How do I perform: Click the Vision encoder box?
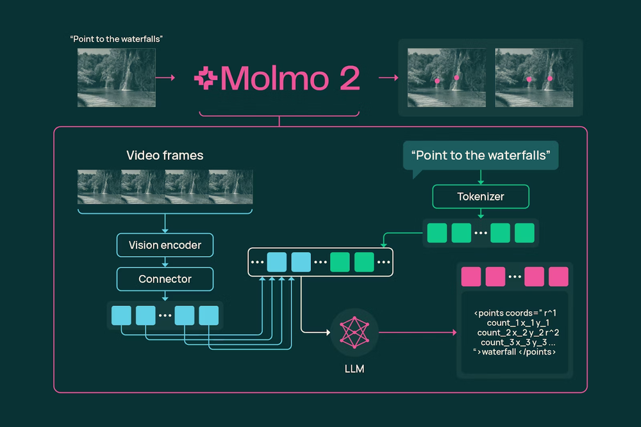click(165, 245)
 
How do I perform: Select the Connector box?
click(165, 279)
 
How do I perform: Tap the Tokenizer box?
click(481, 197)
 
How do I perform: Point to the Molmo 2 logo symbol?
click(206, 79)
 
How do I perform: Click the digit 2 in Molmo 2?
click(346, 79)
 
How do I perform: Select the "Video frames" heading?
click(165, 156)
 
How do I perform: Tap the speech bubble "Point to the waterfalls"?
click(481, 156)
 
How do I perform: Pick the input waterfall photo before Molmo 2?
click(116, 78)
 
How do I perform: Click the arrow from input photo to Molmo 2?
click(165, 78)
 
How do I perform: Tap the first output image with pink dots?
click(446, 78)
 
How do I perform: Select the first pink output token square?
click(471, 277)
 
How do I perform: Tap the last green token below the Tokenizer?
click(524, 233)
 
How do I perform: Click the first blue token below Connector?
click(121, 316)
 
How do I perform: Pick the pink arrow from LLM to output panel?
click(417, 332)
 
